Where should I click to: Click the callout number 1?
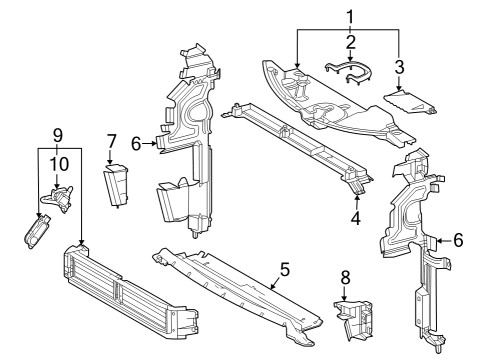(x=350, y=17)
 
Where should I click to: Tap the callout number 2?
(x=350, y=42)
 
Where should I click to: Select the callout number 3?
(x=399, y=67)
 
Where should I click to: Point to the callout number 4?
(x=356, y=219)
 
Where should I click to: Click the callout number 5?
(x=285, y=269)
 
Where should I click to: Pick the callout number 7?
(x=111, y=141)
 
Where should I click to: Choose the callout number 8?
(x=345, y=277)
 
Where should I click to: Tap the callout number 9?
(x=58, y=136)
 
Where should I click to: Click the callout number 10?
(x=60, y=164)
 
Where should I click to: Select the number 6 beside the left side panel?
(x=136, y=144)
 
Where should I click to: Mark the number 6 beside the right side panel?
(x=459, y=240)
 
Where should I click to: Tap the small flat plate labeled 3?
(x=410, y=102)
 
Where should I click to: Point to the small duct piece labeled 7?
(x=116, y=185)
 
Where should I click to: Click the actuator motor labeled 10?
(x=58, y=199)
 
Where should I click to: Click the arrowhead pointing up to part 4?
(x=356, y=197)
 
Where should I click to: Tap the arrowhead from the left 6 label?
(x=154, y=144)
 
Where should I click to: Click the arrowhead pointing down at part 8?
(x=344, y=298)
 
